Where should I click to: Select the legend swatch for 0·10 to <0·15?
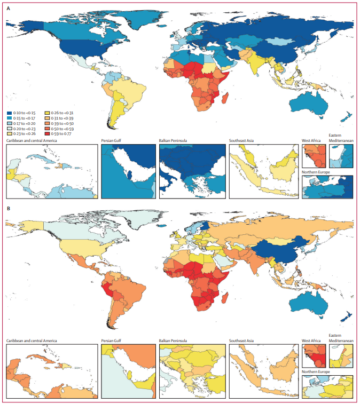click(x=9, y=113)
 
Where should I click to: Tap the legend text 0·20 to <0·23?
click(x=25, y=129)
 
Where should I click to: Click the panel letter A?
click(x=8, y=9)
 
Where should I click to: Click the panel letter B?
click(x=8, y=209)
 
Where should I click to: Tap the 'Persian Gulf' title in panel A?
click(x=114, y=141)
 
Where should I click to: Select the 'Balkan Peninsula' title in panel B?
click(x=176, y=340)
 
